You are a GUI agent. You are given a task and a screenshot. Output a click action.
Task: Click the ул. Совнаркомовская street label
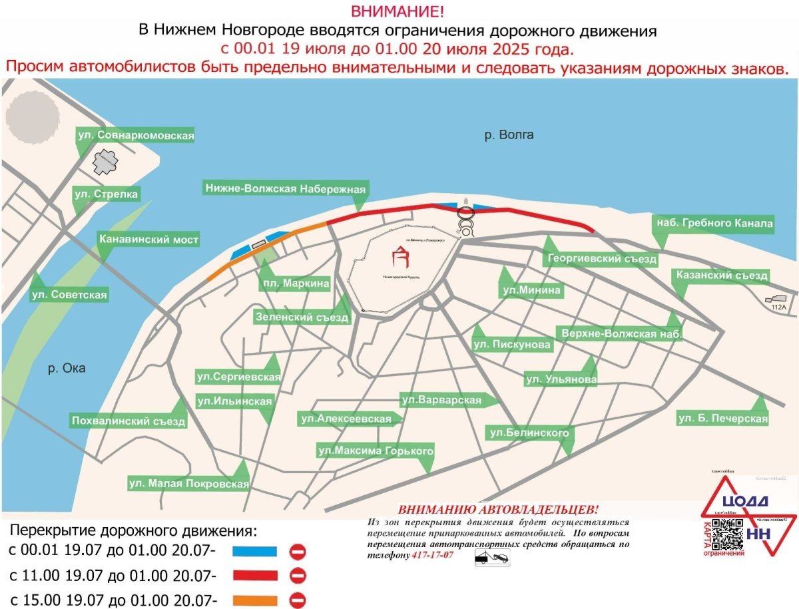(x=135, y=135)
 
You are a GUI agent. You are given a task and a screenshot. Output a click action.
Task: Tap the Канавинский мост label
(x=148, y=239)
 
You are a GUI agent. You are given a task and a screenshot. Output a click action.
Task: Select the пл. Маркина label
(x=296, y=284)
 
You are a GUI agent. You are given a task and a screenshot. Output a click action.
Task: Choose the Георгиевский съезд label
(x=602, y=259)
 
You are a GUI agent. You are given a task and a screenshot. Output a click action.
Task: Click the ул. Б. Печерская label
(x=722, y=419)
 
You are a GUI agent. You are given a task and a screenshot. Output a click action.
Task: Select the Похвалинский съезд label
(x=129, y=421)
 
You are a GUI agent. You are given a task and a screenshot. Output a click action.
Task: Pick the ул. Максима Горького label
(x=376, y=451)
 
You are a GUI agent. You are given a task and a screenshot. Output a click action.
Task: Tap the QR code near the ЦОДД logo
(x=728, y=533)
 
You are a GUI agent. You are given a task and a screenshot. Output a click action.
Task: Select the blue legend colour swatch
(x=254, y=551)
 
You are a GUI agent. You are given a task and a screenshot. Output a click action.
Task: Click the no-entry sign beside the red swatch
(x=298, y=574)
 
